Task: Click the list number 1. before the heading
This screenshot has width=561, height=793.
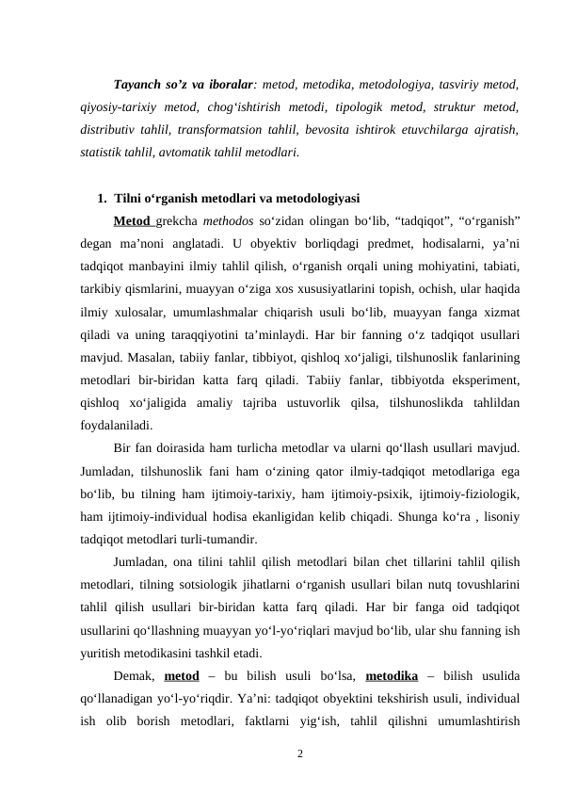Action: (102, 199)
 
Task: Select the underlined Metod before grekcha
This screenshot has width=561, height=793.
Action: (132, 221)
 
